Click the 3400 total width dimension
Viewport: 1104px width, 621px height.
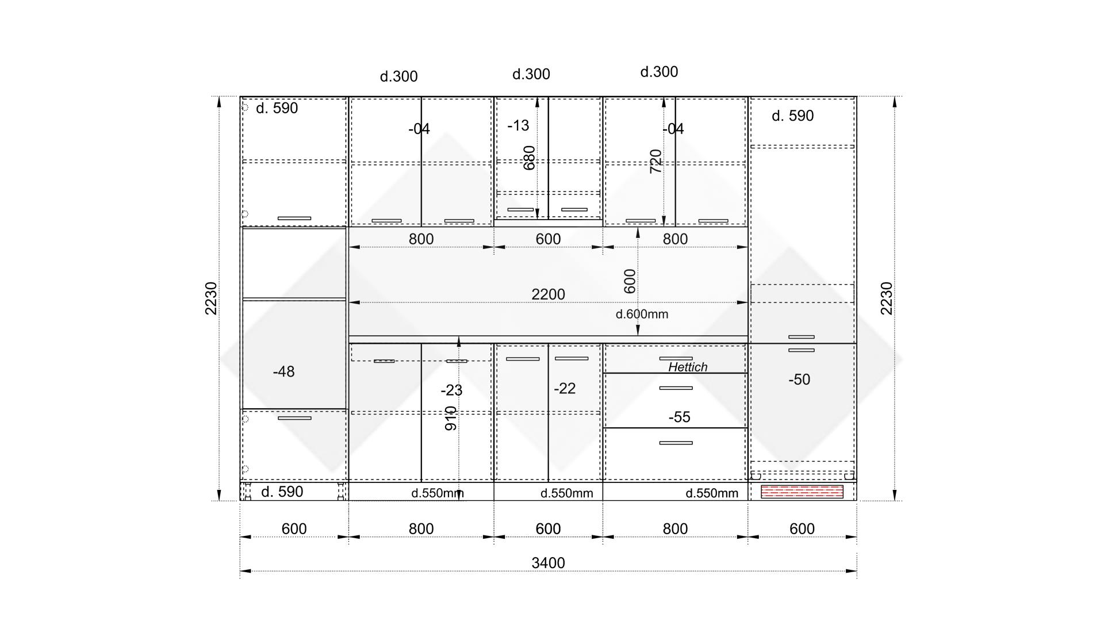548,563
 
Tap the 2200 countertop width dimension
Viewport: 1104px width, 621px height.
548,294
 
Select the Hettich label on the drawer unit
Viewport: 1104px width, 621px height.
688,367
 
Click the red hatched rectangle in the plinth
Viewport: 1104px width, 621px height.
802,492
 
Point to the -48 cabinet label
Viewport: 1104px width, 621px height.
283,372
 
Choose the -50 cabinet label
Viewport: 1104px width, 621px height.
799,379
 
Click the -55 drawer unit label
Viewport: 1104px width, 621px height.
679,417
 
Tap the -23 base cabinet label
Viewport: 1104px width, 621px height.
451,390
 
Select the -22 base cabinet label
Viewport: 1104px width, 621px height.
565,389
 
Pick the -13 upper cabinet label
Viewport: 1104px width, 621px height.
518,125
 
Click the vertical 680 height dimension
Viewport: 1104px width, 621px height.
529,158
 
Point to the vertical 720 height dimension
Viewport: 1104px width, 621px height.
655,162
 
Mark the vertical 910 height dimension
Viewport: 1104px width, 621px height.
451,419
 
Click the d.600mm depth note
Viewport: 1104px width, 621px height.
642,314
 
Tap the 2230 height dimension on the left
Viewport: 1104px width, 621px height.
211,298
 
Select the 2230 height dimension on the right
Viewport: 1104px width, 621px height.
887,298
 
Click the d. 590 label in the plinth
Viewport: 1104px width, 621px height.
282,492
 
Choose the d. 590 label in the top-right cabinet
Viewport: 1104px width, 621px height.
792,116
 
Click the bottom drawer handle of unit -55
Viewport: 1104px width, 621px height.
676,443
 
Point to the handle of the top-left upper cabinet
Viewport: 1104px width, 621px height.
294,218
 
